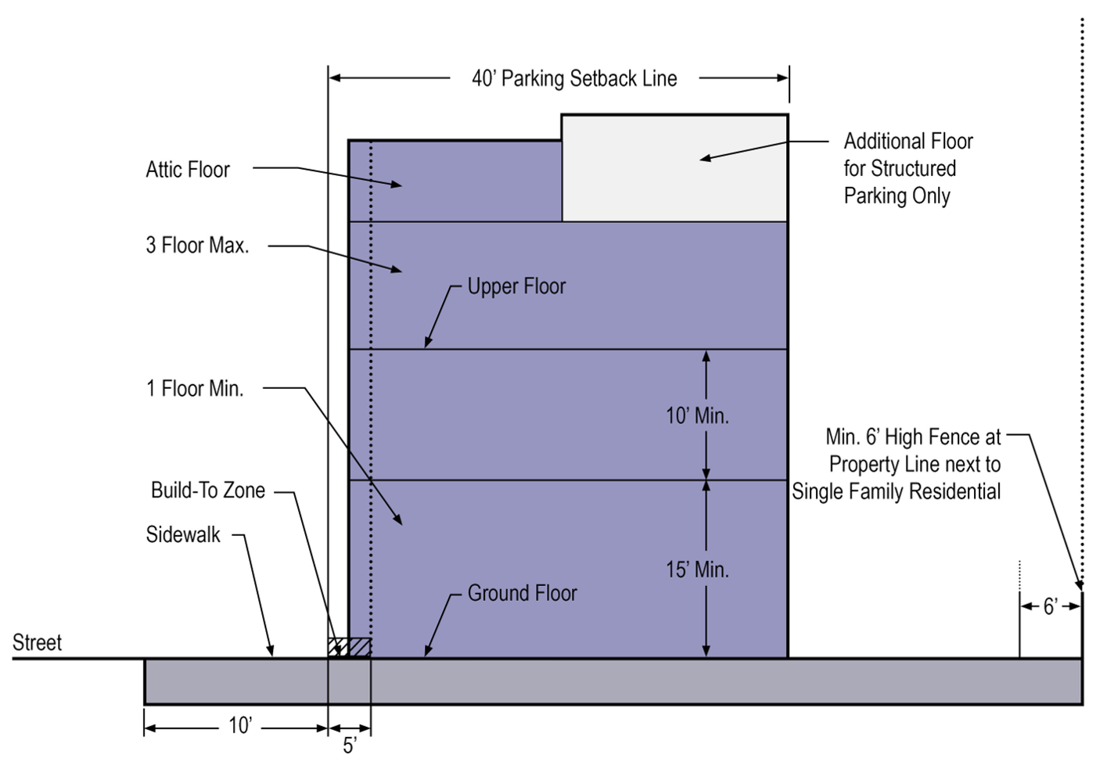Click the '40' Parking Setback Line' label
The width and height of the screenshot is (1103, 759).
(574, 78)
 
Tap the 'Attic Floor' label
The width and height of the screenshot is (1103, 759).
(188, 170)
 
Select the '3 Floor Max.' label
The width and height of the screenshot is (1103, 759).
(197, 246)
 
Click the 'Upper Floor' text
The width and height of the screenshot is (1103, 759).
(516, 286)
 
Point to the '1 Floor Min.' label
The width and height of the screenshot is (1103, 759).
(195, 389)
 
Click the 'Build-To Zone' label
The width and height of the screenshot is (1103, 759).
(208, 491)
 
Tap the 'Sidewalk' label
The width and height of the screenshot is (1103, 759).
(183, 535)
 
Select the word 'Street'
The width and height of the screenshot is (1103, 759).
(37, 643)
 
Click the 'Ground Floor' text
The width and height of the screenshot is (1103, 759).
(522, 593)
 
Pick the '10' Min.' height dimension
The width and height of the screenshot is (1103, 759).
(697, 415)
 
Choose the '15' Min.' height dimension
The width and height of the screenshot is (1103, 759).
(697, 570)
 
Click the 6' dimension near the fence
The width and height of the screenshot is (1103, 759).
(1051, 606)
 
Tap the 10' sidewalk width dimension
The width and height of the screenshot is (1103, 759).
(239, 726)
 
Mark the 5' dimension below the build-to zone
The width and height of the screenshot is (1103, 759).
(349, 745)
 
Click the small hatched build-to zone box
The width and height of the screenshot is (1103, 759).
(349, 648)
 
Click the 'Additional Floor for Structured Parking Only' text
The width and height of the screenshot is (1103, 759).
(907, 168)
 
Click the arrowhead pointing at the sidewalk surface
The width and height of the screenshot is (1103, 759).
(271, 651)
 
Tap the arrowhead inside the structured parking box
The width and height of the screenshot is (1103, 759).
(705, 158)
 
